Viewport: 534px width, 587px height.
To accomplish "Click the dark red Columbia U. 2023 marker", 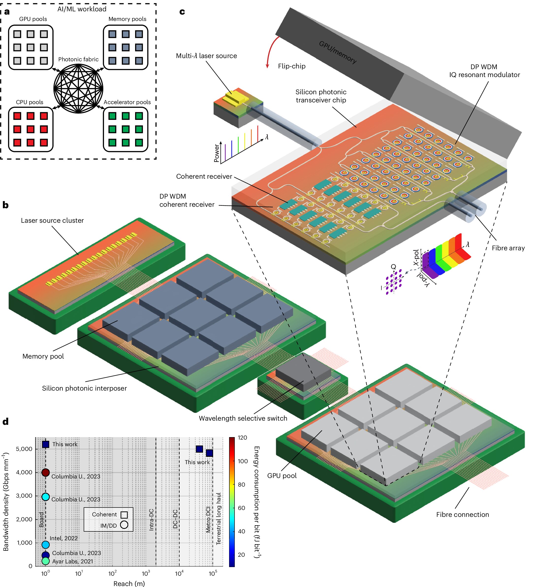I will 46,472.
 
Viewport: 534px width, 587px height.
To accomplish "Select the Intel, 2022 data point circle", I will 46,544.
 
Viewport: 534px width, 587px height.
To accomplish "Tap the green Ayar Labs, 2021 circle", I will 46,561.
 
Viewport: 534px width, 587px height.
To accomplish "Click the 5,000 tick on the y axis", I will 24,449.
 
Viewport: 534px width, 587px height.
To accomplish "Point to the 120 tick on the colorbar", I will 242,438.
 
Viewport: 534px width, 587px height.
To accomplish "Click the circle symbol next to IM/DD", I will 124,525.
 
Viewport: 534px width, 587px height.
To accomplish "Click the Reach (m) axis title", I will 129,583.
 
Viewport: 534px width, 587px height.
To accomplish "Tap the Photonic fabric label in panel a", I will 78,59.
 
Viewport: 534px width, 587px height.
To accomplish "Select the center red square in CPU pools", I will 31,129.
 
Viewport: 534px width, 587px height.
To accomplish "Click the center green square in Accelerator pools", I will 126,129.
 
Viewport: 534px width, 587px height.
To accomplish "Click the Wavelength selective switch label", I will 243,418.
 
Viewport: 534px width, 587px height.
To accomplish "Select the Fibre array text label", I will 508,248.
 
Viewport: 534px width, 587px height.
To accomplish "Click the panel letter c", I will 182,12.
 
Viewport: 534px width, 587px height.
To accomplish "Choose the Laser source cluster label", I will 52,221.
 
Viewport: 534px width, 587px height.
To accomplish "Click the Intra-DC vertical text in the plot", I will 151,520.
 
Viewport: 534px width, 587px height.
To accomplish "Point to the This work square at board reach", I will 46,444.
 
